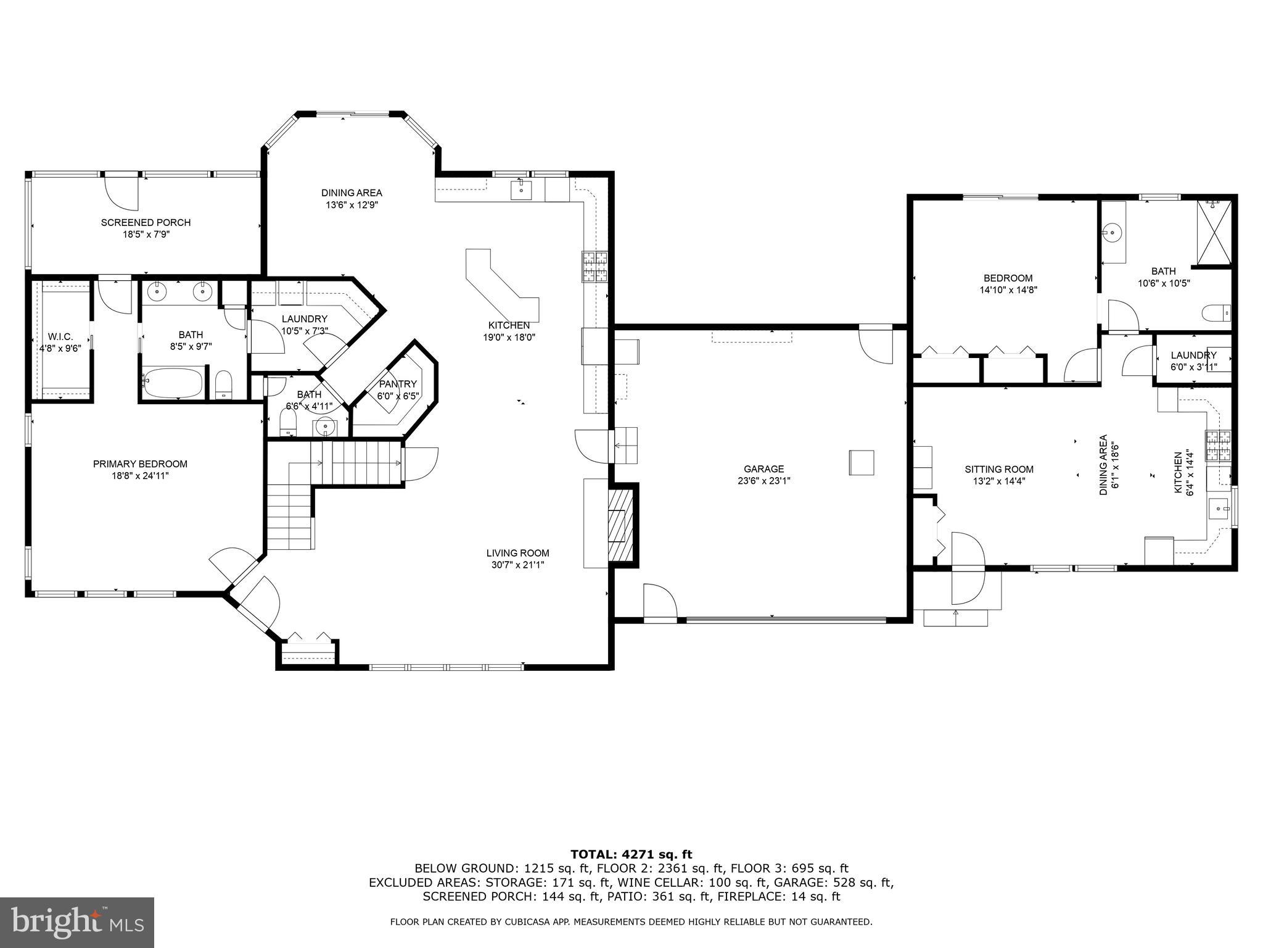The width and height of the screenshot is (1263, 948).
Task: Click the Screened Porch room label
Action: [x=146, y=223]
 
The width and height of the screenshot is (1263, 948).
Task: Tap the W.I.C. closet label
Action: [x=60, y=336]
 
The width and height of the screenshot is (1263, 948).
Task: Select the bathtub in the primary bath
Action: [x=173, y=383]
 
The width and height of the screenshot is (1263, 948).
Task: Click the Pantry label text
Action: [x=397, y=384]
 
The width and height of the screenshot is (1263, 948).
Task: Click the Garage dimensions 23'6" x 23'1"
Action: [x=763, y=481]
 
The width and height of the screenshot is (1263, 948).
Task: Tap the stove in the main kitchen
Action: [x=593, y=267]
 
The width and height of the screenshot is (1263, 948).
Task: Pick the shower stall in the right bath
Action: [x=1214, y=232]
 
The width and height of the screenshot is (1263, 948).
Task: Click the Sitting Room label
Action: [x=999, y=469]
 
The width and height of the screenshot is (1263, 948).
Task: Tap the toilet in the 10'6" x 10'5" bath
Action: [x=1216, y=313]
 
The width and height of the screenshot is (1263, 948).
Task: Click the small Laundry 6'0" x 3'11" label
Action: [x=1193, y=355]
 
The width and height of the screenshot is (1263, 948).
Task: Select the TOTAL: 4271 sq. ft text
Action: [x=631, y=855]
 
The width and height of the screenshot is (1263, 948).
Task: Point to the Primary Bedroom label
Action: [x=140, y=464]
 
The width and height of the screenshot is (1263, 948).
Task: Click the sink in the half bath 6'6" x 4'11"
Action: [x=324, y=426]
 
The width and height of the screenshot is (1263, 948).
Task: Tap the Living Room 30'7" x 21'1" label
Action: [x=517, y=553]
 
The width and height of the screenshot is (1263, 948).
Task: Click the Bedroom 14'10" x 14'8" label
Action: [x=1008, y=278]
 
